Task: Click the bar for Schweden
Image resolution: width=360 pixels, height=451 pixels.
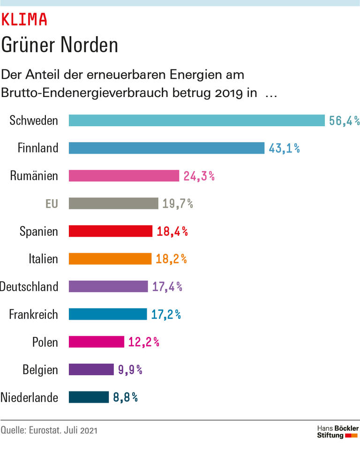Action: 197,120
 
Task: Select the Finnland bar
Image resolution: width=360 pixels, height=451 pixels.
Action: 166,148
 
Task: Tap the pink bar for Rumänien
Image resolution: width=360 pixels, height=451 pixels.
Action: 124,176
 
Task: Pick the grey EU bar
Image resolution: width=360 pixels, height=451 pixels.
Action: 113,203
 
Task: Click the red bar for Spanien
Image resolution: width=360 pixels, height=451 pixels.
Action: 111,231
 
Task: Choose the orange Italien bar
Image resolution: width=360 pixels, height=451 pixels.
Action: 110,259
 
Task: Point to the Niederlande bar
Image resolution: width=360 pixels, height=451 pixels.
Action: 89,398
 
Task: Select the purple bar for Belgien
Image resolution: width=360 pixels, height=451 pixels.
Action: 91,370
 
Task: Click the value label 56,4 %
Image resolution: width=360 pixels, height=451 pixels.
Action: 344,121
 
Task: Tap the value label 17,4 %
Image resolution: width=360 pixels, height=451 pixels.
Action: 167,287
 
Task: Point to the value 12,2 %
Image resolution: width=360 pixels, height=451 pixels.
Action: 143,342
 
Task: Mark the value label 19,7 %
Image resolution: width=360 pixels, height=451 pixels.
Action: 178,203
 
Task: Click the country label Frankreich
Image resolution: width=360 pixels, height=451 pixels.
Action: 34,315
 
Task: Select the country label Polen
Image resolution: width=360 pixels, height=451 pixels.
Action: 45,342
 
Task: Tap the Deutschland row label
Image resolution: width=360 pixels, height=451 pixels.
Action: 29,287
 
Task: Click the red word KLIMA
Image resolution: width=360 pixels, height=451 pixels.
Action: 24,20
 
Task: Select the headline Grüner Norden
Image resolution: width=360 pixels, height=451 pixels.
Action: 59,45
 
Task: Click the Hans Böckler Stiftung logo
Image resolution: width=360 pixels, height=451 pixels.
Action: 337,432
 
